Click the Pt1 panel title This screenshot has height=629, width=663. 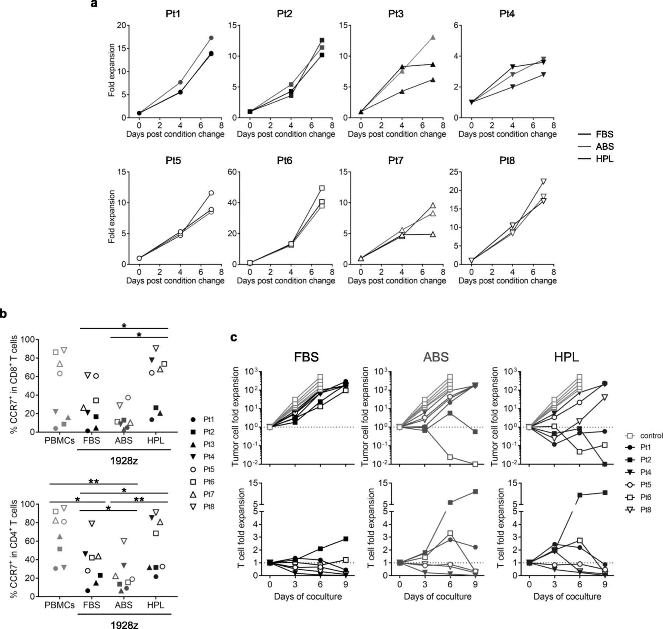[173, 14]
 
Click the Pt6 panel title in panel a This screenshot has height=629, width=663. [284, 161]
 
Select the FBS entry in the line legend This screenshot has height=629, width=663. [604, 134]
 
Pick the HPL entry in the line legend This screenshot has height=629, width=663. [604, 159]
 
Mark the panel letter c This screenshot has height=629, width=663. [233, 337]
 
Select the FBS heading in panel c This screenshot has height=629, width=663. [306, 357]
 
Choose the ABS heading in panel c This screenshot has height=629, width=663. [436, 357]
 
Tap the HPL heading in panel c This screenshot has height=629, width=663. [566, 357]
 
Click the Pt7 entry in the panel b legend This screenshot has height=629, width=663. [209, 494]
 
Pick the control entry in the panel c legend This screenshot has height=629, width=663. [651, 436]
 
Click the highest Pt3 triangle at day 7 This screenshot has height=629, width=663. [433, 37]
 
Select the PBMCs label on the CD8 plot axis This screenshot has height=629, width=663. [60, 440]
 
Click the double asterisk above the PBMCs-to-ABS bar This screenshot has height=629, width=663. [94, 481]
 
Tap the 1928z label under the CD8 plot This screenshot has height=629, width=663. [124, 461]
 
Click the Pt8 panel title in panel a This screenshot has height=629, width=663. [507, 161]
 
